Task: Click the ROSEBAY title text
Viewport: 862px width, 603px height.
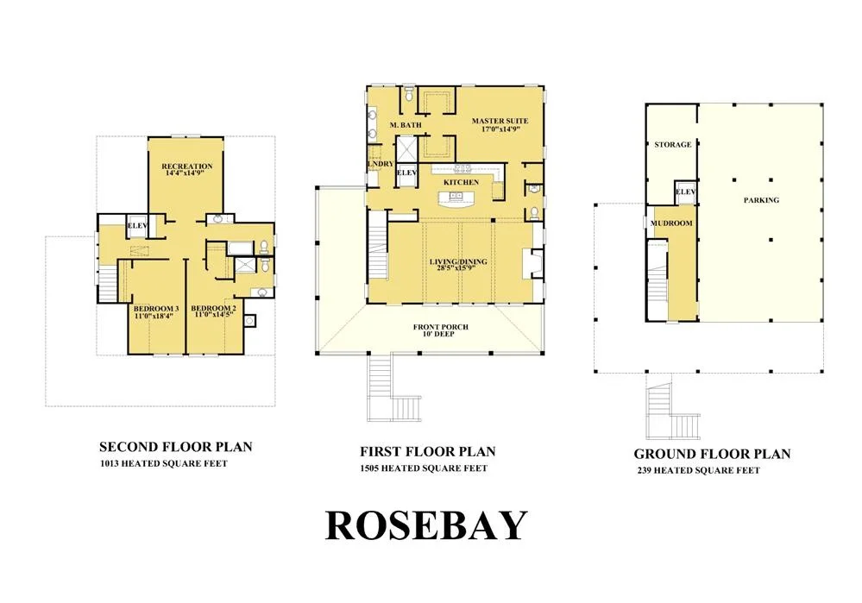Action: pos(426,526)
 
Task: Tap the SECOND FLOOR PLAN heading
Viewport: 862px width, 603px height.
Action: pos(176,447)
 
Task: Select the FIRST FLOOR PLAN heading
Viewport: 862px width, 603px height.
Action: pos(428,452)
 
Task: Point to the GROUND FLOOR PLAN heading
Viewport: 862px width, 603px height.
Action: pos(712,454)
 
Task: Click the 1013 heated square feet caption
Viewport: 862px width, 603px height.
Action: pos(163,463)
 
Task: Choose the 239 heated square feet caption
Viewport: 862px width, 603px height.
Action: pos(699,470)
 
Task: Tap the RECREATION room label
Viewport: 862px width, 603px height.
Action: pos(187,166)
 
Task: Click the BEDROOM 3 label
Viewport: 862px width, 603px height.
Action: pos(156,308)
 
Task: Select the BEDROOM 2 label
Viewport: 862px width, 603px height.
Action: pos(214,308)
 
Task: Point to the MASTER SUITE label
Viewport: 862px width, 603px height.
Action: pos(500,121)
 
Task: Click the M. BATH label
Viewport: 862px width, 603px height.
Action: pos(406,125)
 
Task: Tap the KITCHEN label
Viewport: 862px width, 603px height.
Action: pos(462,182)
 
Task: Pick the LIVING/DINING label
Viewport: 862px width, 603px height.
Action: pos(458,261)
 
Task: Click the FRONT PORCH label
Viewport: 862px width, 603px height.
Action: pos(441,327)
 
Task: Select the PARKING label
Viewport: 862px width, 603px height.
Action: pos(761,200)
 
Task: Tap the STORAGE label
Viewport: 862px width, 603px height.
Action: pos(673,145)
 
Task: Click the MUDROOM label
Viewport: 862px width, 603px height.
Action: pos(671,223)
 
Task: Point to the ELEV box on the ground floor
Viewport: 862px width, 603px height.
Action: pos(685,192)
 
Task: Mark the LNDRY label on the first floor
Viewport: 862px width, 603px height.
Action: pos(381,164)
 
